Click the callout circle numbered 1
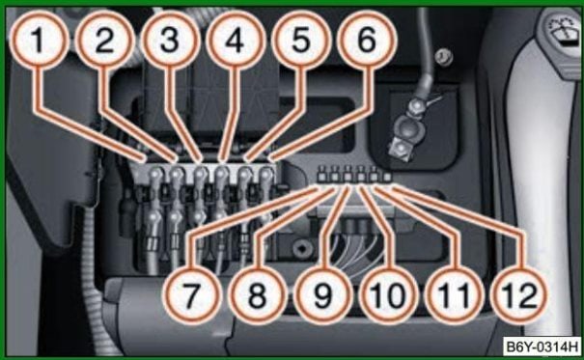click(39, 41)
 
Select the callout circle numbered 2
click(104, 41)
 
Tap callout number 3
click(170, 41)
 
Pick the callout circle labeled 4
click(236, 41)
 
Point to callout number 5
click(301, 41)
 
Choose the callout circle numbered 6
click(367, 41)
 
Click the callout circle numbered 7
click(192, 295)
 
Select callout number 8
click(258, 295)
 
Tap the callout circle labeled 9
click(323, 295)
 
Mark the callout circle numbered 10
click(388, 295)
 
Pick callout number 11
click(454, 295)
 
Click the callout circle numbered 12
click(519, 295)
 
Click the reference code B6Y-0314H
click(542, 346)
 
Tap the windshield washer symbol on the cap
click(564, 34)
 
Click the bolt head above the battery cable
click(444, 57)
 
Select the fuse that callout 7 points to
click(321, 174)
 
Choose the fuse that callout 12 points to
click(387, 176)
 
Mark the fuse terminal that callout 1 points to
click(156, 174)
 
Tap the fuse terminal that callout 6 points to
click(266, 174)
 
